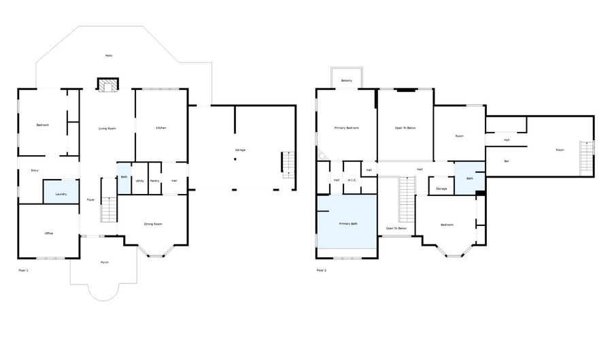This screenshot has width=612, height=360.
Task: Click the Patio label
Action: pos(108,55)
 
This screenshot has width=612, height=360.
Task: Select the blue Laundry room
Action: pos(61,191)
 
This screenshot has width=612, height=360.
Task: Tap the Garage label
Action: pos(240,149)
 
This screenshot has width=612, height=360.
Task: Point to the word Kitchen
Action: pos(161,128)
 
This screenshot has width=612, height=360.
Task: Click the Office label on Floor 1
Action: pos(49,233)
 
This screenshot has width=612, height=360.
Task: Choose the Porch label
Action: pos(105,262)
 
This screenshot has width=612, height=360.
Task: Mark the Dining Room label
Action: pos(153,224)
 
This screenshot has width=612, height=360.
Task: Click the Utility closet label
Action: pos(139,180)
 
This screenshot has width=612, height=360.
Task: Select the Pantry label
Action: pos(154,180)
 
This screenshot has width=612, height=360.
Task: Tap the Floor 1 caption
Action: pos(23,270)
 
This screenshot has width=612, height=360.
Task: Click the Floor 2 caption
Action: pos(322,270)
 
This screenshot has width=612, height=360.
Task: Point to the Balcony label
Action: pos(347,80)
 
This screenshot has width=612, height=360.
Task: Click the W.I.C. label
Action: pos(352,180)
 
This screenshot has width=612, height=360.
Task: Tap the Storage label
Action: pos(441,189)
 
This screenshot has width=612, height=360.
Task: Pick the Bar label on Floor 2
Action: pos(507,161)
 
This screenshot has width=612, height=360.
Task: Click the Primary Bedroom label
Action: pos(346,128)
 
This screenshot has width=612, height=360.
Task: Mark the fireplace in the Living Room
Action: pos(107,84)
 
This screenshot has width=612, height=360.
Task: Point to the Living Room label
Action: pos(107,128)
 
